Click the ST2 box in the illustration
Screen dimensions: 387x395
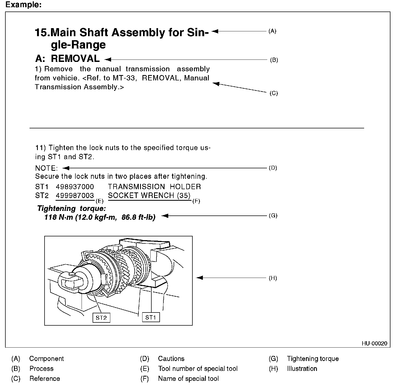pyautogui.click(x=101, y=318)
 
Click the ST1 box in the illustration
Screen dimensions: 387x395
pyautogui.click(x=151, y=317)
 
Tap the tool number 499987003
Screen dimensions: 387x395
pyautogui.click(x=75, y=196)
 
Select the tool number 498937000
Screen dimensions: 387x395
pyautogui.click(x=75, y=187)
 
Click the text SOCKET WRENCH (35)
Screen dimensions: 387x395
pyautogui.click(x=149, y=196)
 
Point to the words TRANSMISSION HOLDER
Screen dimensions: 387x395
pyautogui.click(x=154, y=187)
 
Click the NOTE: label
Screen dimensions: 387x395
pyautogui.click(x=46, y=168)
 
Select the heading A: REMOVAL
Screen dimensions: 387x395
pyautogui.click(x=67, y=59)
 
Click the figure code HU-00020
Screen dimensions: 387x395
pyautogui.click(x=374, y=343)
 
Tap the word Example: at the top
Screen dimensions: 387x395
pyautogui.click(x=23, y=5)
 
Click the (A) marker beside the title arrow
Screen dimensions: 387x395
pyautogui.click(x=272, y=31)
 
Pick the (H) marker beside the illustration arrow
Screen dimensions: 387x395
pyautogui.click(x=273, y=278)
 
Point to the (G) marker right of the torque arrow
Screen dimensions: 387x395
pyautogui.click(x=273, y=215)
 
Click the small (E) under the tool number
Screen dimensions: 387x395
pyautogui.click(x=99, y=201)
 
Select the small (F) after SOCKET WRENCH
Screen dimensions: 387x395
pyautogui.click(x=196, y=201)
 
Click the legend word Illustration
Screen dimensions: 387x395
pyautogui.click(x=302, y=369)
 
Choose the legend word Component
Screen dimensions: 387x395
pyautogui.click(x=46, y=359)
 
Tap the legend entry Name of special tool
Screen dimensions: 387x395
pyautogui.click(x=188, y=378)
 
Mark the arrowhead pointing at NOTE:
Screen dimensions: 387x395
pyautogui.click(x=65, y=168)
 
